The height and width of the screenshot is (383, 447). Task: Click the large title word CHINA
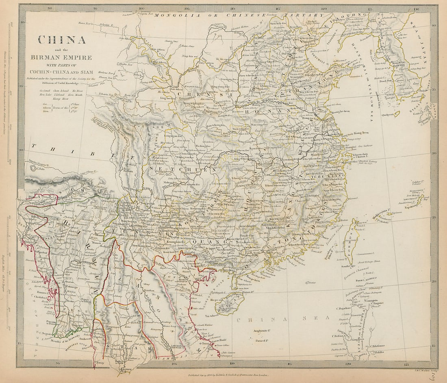click(x=62, y=40)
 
